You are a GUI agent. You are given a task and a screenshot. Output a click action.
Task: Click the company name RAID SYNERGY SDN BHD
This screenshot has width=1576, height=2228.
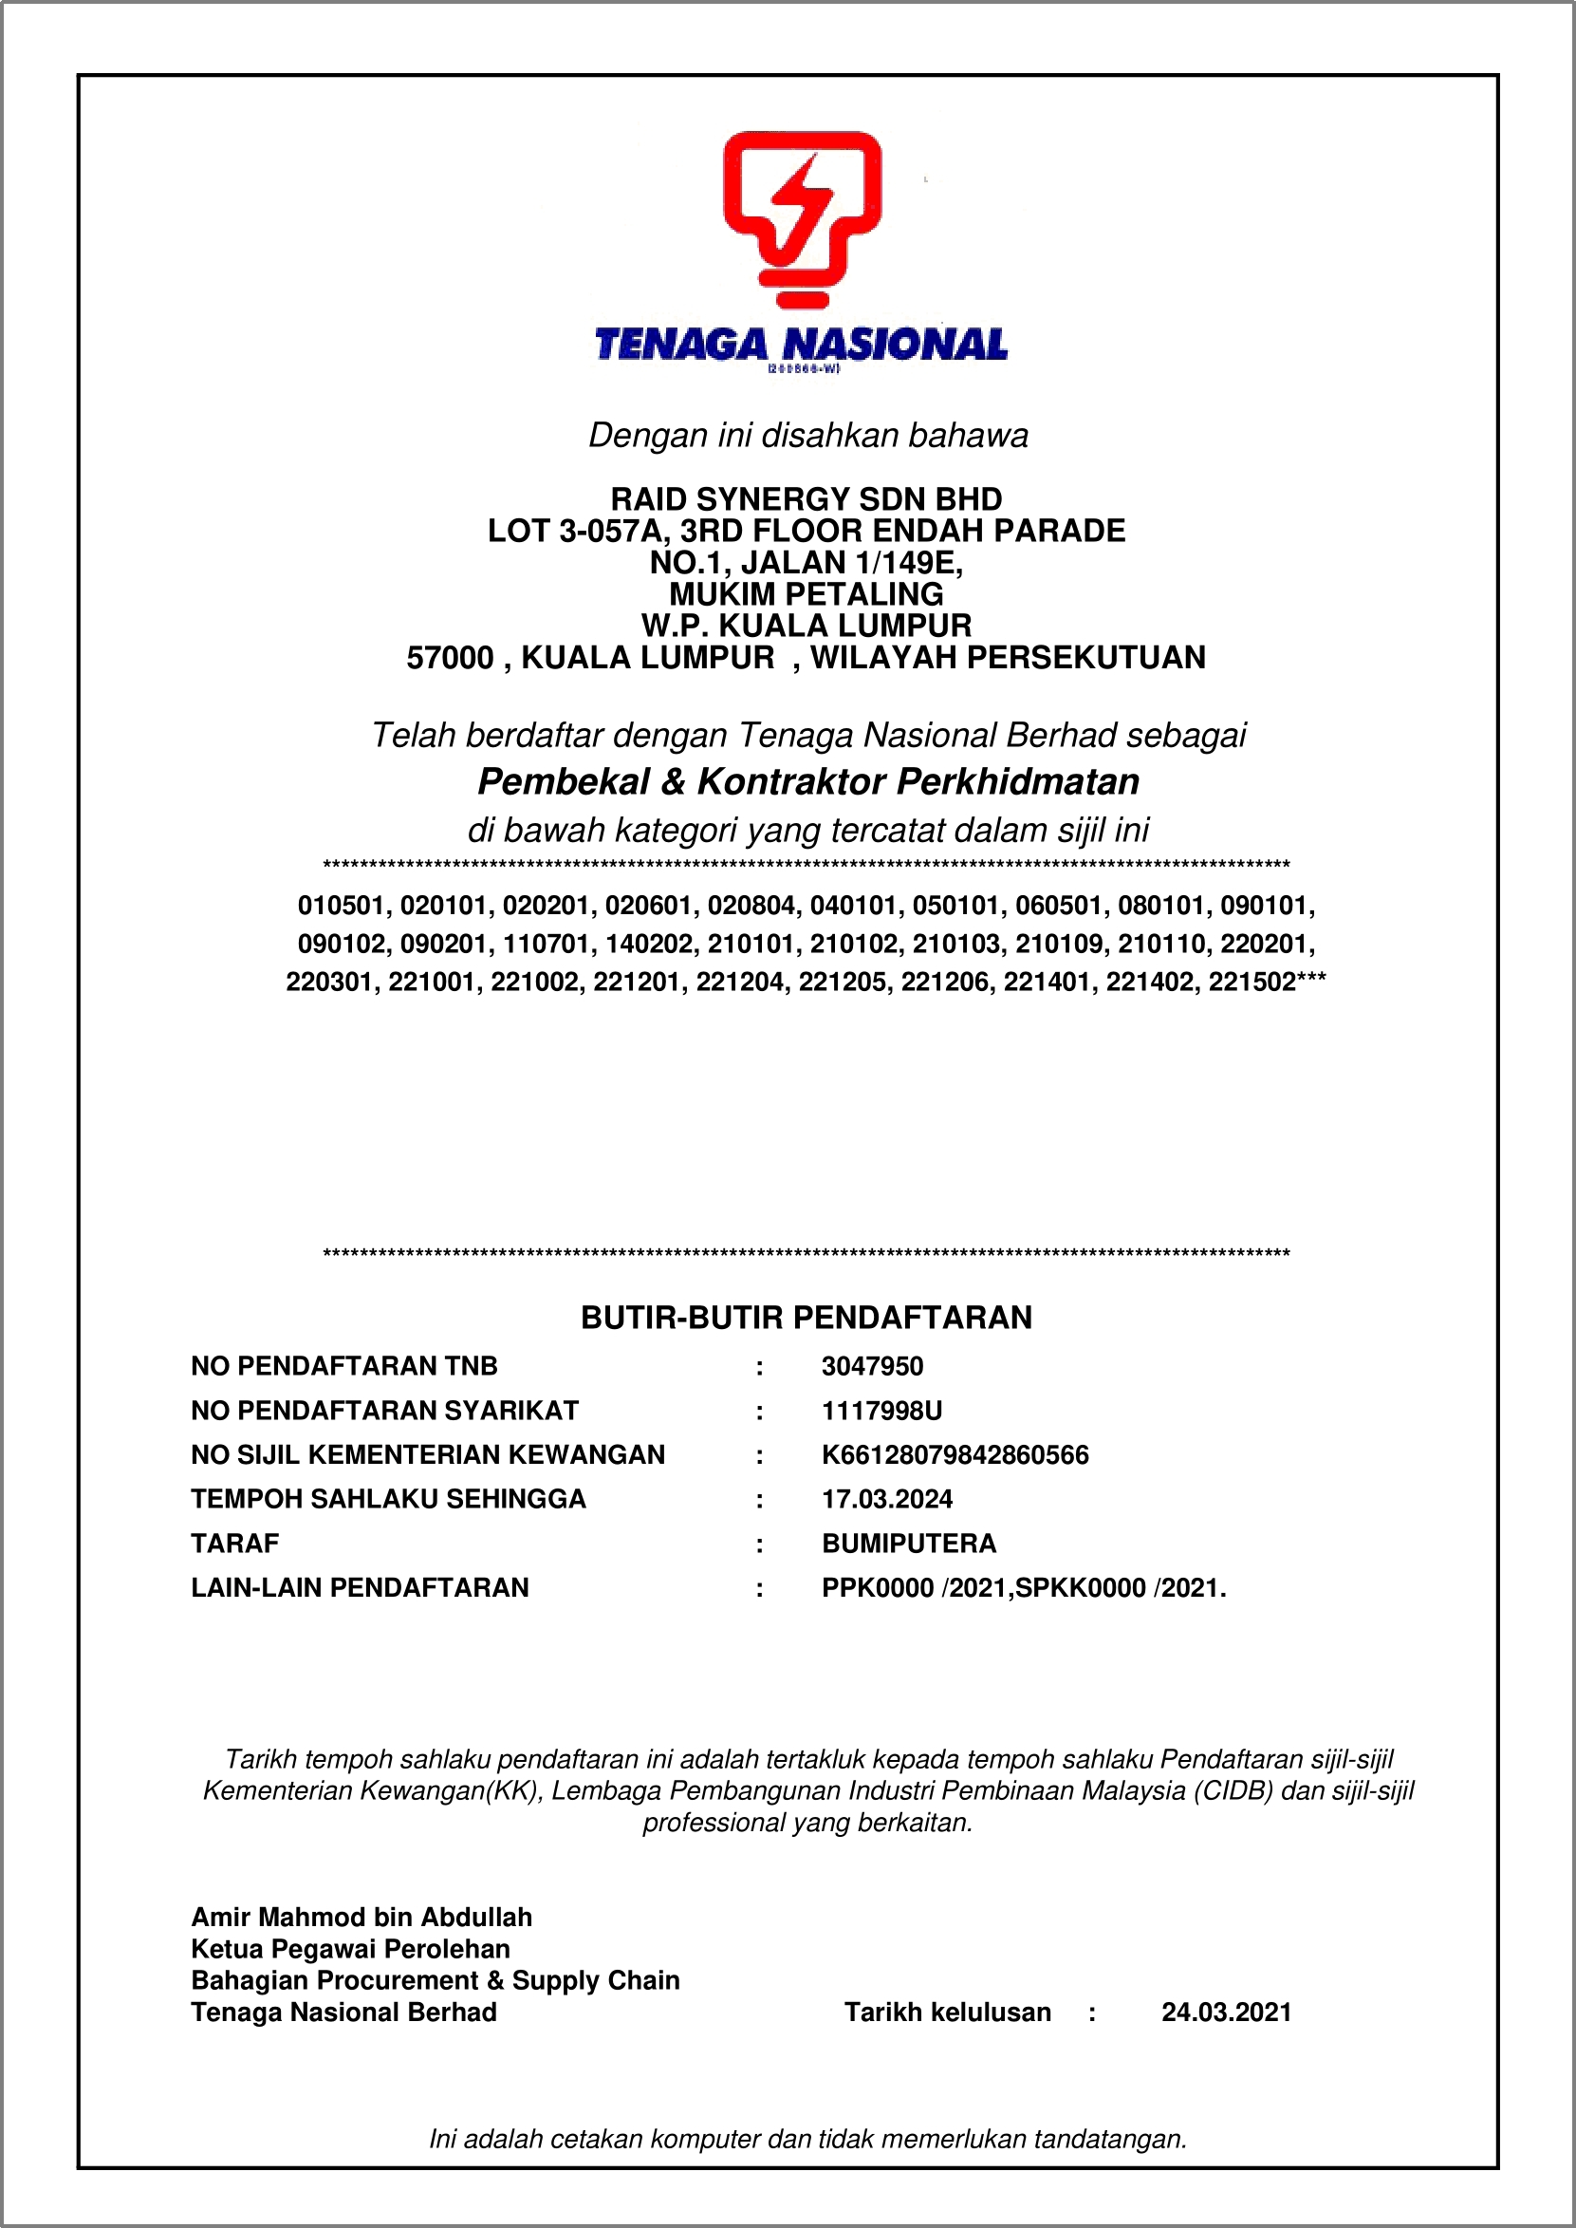point(806,499)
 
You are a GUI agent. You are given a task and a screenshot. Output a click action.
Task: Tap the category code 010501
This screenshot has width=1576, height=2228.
point(342,906)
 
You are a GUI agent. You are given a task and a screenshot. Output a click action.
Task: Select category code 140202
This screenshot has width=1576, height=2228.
point(650,944)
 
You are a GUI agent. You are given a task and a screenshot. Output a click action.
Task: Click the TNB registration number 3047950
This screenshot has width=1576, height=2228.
point(871,1366)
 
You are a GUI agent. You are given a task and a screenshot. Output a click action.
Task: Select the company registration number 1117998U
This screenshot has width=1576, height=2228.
point(881,1411)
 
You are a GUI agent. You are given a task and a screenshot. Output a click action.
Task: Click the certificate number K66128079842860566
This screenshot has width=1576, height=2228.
point(954,1454)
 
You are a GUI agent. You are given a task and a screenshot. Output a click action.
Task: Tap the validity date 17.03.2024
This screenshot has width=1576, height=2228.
point(886,1499)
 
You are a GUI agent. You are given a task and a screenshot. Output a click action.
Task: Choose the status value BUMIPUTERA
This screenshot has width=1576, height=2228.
point(908,1544)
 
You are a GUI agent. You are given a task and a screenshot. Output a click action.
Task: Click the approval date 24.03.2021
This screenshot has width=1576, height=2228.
point(1226,2013)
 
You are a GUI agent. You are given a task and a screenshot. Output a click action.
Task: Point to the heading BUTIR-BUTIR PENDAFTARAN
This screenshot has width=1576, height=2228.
point(806,1318)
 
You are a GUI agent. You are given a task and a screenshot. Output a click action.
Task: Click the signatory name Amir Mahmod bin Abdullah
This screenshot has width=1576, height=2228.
point(361,1918)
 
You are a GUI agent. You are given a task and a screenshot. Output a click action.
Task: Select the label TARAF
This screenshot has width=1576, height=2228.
point(235,1544)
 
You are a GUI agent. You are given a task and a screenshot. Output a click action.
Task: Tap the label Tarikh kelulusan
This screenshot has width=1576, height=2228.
point(947,2013)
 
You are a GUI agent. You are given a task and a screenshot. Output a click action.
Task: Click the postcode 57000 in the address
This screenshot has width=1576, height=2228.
point(450,658)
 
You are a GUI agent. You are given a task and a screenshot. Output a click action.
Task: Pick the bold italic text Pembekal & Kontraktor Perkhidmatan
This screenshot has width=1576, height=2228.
point(807,781)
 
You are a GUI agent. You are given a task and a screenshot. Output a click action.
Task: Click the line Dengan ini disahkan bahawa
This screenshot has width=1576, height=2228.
point(807,436)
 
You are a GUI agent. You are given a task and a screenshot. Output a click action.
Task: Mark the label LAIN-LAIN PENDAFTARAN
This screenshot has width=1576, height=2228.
point(359,1587)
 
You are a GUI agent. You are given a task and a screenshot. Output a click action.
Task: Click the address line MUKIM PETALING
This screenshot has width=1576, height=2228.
point(806,594)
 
